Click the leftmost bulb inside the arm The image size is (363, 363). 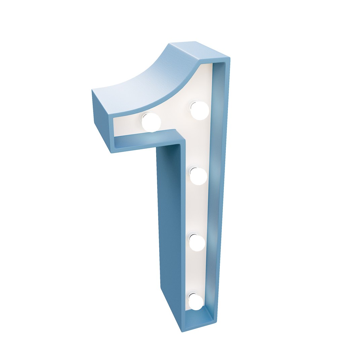point(151,122)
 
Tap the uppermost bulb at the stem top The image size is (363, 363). point(200,110)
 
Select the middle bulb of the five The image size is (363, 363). point(198,176)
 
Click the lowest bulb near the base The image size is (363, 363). point(196,302)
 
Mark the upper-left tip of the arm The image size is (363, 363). point(92,90)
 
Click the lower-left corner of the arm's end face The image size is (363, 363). point(111,152)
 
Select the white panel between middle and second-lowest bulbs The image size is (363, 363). point(198,208)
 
